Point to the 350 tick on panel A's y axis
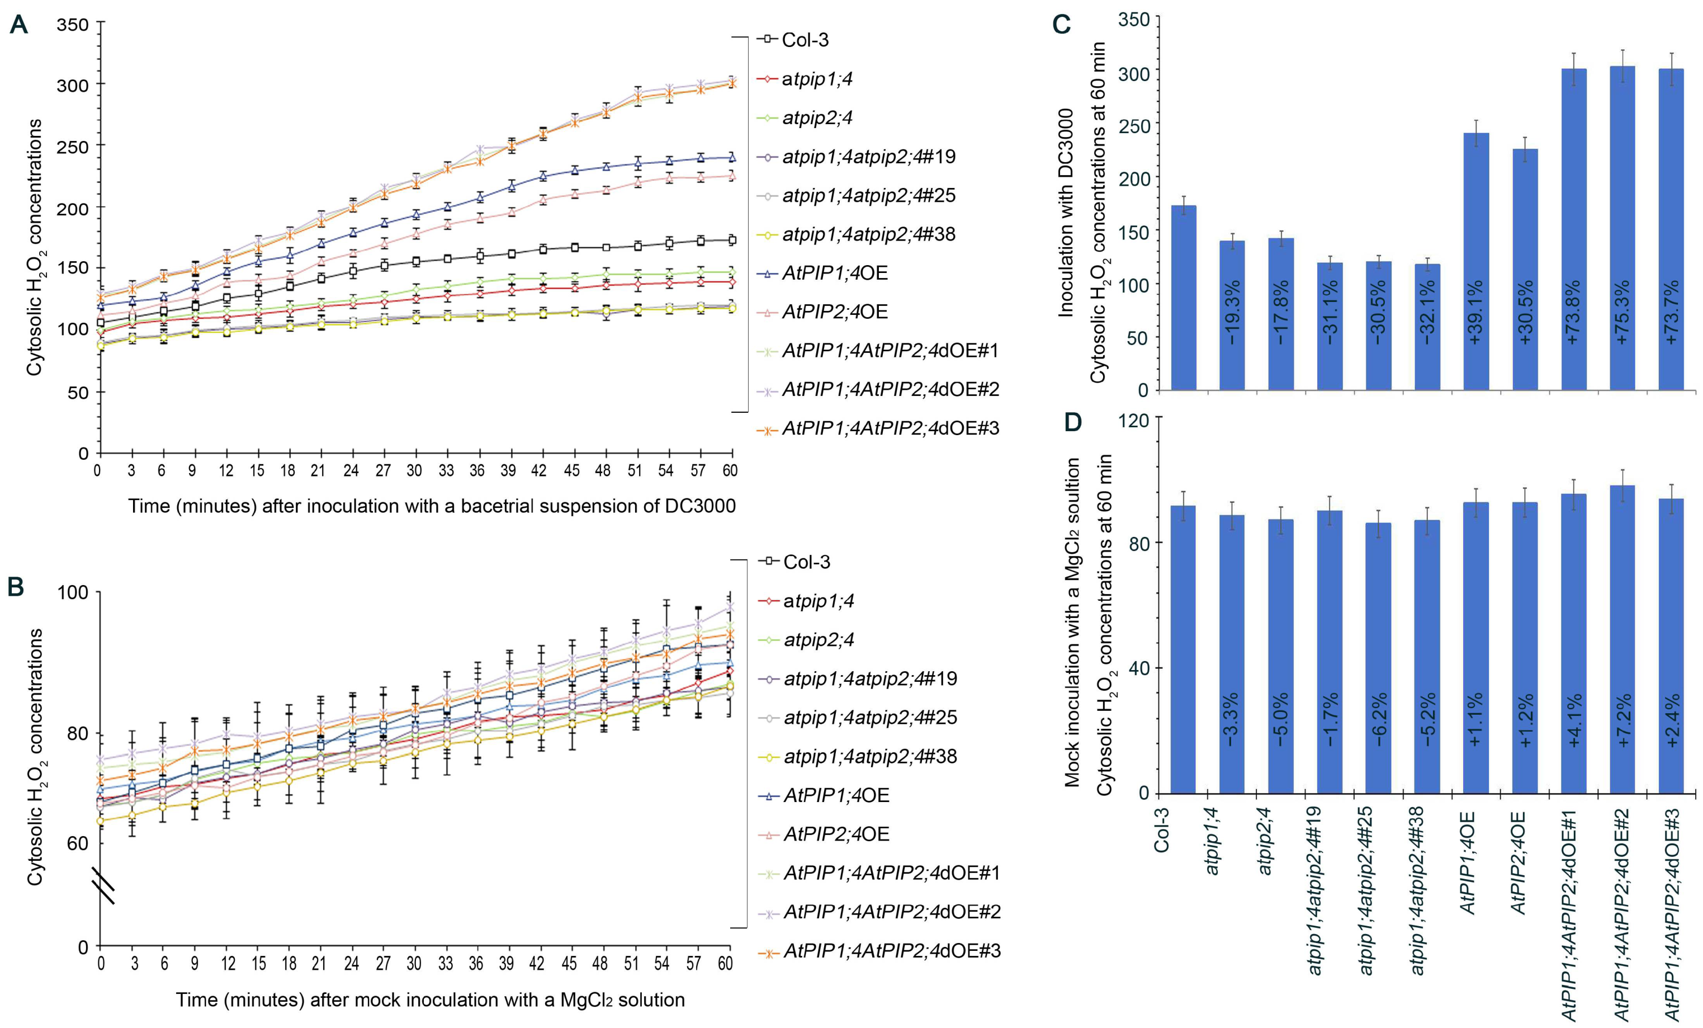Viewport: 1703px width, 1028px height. point(73,25)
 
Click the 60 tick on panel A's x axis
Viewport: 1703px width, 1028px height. point(730,471)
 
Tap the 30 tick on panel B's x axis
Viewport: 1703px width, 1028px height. point(413,964)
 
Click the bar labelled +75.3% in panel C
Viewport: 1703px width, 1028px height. point(1622,228)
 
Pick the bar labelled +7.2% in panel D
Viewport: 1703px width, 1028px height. point(1622,639)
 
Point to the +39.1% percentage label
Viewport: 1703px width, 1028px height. point(1475,311)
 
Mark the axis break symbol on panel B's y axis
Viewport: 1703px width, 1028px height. point(103,887)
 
